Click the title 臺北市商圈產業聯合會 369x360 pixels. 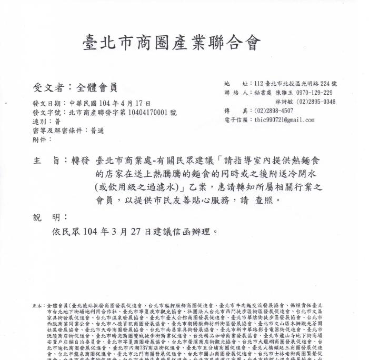[172, 43]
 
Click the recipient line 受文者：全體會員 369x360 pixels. [75, 87]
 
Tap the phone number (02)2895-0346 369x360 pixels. [316, 102]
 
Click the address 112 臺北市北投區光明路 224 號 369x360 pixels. [295, 84]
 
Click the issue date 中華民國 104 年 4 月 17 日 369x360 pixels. [110, 104]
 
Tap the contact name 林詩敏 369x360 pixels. [284, 102]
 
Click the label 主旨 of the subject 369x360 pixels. [46, 160]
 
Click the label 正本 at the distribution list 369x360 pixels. [37, 305]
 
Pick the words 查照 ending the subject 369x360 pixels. [268, 201]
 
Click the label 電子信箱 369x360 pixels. [235, 119]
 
